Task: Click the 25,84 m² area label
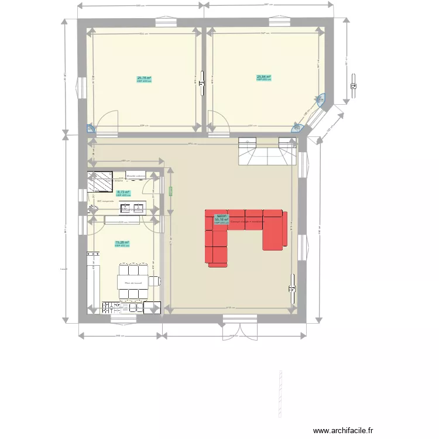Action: tap(263, 77)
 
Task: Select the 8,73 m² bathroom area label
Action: tap(123, 193)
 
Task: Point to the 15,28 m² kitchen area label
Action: tap(122, 243)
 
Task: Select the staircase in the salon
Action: tap(267, 152)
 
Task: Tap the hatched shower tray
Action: tap(100, 181)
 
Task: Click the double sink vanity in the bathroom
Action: tap(132, 207)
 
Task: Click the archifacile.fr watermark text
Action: tap(343, 430)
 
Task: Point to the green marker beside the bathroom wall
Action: tap(171, 191)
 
